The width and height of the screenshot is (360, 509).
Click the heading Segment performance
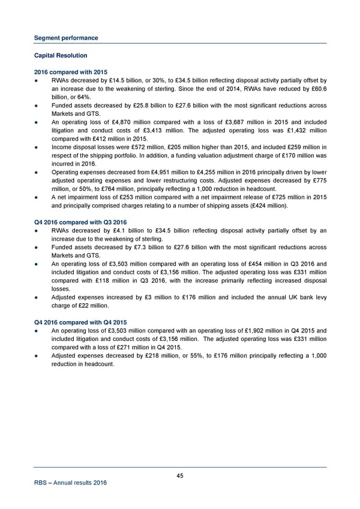click(x=65, y=38)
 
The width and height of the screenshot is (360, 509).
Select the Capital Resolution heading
click(x=60, y=56)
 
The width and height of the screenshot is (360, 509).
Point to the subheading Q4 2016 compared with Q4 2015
click(x=81, y=322)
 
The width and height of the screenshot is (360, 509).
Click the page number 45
click(x=180, y=476)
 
